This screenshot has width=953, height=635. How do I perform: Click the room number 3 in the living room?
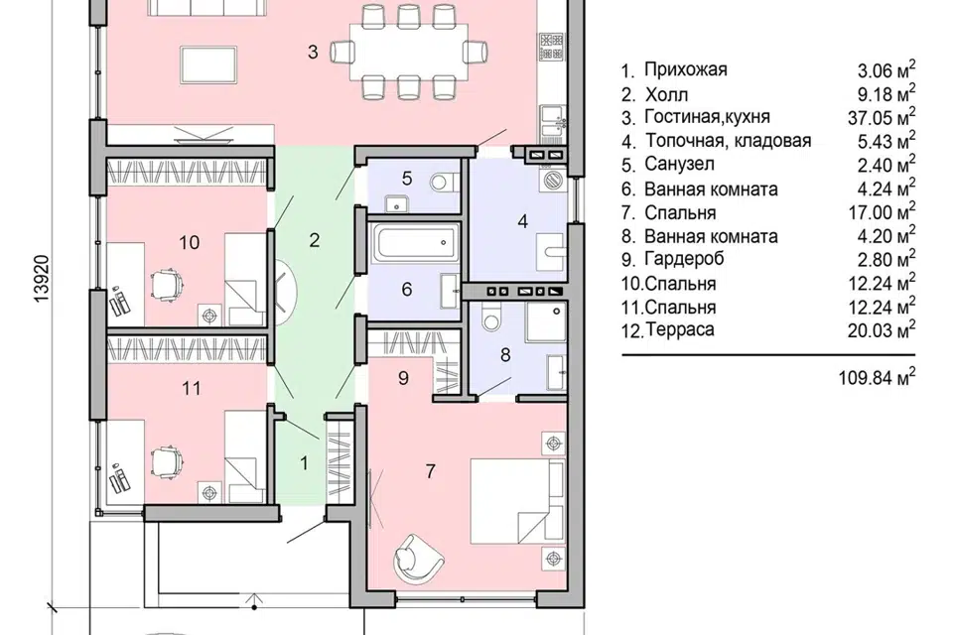coord(313,53)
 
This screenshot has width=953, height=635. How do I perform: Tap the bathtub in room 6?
coord(416,244)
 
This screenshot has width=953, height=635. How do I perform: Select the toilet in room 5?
coord(443,182)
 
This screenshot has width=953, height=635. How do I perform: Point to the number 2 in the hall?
coord(315,241)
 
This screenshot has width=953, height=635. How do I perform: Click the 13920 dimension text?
coord(42,279)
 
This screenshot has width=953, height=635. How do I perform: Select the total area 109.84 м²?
coord(877,377)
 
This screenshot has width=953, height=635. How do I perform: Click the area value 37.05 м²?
coord(882,116)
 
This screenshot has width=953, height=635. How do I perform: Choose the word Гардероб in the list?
coord(684,259)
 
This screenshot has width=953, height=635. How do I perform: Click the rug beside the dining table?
coord(208,63)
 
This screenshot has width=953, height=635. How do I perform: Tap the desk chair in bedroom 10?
coord(167,285)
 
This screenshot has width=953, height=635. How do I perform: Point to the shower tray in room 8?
coord(546,321)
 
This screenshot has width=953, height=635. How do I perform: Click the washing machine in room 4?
coord(554,181)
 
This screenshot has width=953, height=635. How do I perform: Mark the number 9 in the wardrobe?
coord(404,379)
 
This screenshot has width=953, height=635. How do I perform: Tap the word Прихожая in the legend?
coord(686,69)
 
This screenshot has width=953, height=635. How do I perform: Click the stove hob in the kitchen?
coord(551,47)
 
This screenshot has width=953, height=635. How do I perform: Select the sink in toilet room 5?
coord(397,203)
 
